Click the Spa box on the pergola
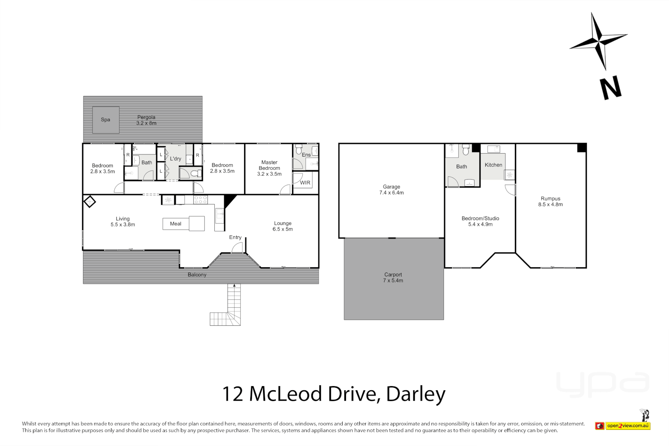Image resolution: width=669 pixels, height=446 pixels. coord(106,120)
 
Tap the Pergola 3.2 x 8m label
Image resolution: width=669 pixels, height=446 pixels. coord(146,120)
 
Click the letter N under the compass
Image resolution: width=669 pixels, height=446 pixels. coord(610,88)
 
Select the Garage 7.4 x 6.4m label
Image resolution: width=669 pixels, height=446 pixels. coord(391,190)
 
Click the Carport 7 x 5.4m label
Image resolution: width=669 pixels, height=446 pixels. coord(393,278)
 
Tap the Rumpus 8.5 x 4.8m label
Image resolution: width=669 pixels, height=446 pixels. coord(550,202)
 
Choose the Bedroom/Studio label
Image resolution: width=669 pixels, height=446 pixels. coord(480,221)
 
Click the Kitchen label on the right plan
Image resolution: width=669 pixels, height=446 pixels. coord(493,165)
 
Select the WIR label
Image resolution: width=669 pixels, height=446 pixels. coord(305,183)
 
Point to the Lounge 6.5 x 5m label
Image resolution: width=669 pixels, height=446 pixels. coord(282,226)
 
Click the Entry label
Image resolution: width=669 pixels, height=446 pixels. coord(235,237)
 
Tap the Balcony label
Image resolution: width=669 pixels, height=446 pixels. coord(197,275)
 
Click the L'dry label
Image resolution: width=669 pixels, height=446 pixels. coord(176,159)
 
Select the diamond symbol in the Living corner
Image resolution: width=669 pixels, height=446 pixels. coord(90,202)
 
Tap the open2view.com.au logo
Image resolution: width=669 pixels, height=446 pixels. coord(628,426)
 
